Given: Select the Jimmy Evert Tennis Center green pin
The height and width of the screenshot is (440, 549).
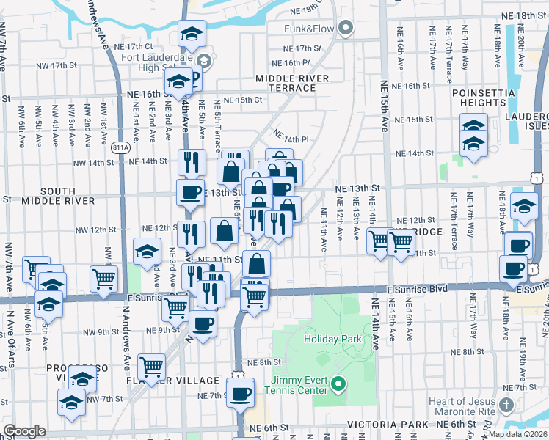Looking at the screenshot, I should click(338, 383).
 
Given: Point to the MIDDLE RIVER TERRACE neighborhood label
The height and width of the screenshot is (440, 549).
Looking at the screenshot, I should click(286, 83).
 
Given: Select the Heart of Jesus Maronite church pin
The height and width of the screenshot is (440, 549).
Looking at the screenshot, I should click(506, 405).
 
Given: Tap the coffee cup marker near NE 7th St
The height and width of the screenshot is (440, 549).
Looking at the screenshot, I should click(239, 394).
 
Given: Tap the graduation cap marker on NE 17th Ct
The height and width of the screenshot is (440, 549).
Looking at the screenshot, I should click(192, 33).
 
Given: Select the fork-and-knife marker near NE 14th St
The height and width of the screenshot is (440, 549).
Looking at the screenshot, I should click(192, 162).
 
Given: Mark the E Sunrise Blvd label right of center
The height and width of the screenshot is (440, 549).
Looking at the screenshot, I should click(418, 289).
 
